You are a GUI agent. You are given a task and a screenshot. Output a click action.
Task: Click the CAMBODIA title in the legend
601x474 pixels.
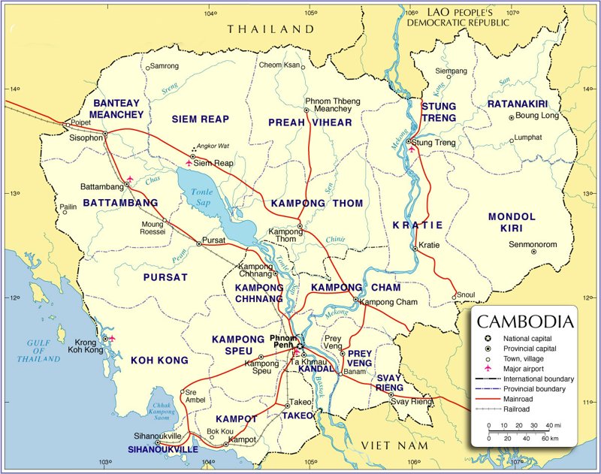[x=526, y=322]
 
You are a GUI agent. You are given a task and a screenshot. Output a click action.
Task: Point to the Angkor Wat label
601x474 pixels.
[x=210, y=146]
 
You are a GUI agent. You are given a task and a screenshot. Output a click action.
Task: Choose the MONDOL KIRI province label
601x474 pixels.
[x=512, y=222]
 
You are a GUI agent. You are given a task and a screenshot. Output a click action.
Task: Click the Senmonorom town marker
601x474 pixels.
[x=533, y=251]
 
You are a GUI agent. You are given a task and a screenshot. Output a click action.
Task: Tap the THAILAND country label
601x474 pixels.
[x=270, y=29]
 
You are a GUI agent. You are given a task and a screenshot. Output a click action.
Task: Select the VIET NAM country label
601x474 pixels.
[x=394, y=445]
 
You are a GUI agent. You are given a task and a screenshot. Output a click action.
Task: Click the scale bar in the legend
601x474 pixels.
[x=518, y=432]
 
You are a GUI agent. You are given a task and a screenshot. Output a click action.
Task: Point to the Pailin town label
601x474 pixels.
[x=68, y=205]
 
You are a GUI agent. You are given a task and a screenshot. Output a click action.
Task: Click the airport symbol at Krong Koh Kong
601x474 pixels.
[x=112, y=338]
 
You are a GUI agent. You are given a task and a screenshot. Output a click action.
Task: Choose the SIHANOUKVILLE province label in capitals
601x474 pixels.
[x=163, y=449]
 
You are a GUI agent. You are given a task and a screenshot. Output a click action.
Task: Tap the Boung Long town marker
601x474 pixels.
[x=512, y=117]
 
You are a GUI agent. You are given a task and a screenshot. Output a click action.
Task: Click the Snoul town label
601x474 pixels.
[x=467, y=294]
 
